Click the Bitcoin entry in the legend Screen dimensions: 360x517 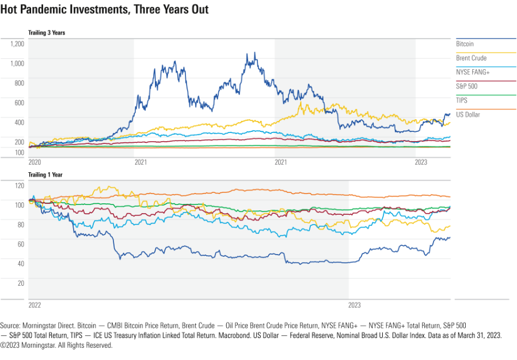(465, 44)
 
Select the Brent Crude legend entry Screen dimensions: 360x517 (471, 58)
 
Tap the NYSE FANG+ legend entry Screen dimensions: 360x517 (473, 73)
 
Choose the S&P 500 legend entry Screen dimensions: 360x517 (467, 86)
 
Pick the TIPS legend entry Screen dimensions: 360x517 (462, 100)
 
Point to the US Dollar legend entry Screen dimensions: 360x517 (468, 115)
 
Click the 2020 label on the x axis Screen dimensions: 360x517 (35, 163)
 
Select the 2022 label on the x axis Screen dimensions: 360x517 (35, 305)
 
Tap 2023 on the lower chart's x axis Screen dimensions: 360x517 (355, 305)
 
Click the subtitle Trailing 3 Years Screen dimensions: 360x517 (47, 33)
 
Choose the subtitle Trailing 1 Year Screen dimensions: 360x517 (45, 174)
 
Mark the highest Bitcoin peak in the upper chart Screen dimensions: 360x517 (254, 53)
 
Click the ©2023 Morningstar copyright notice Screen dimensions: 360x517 (56, 346)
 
